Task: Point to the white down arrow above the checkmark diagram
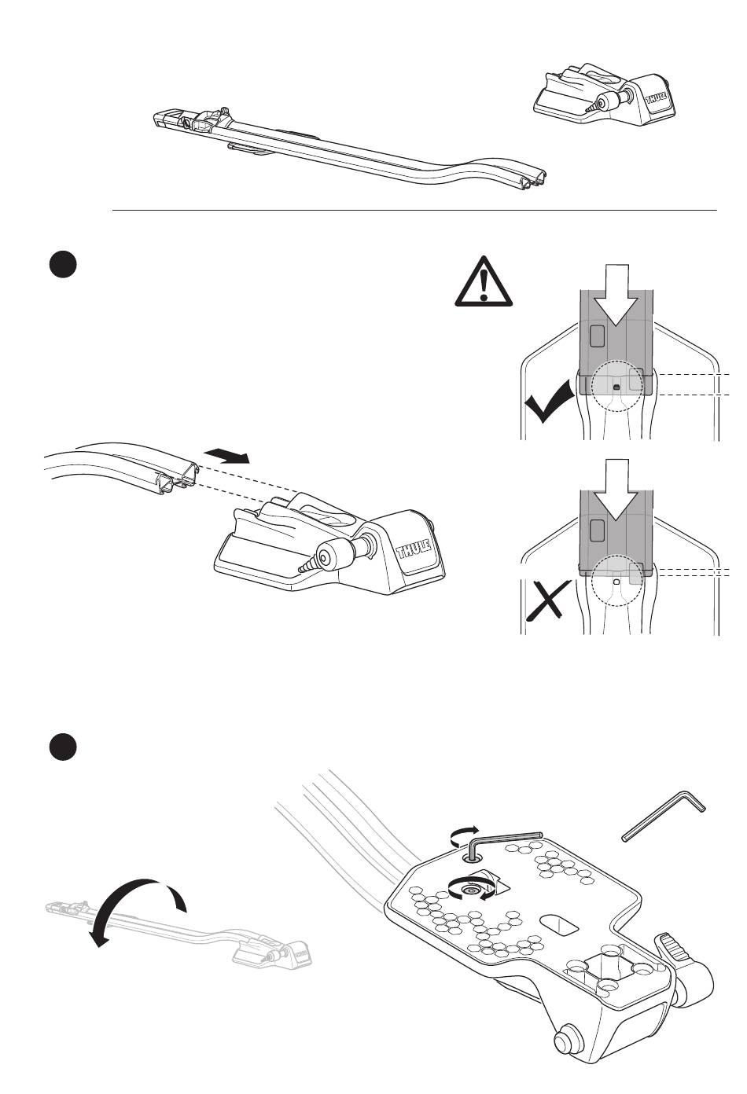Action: tap(618, 296)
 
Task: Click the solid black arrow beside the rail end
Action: tap(226, 455)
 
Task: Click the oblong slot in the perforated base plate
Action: tap(560, 923)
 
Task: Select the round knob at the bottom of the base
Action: tap(563, 1044)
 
